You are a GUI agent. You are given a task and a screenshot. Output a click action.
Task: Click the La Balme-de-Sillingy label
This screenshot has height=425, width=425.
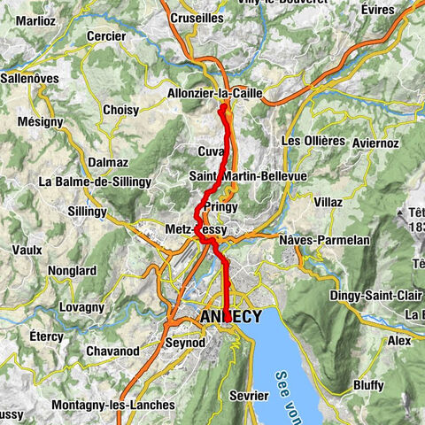(96, 182)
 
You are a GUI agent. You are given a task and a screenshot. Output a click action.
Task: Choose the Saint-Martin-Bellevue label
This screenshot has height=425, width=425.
(248, 177)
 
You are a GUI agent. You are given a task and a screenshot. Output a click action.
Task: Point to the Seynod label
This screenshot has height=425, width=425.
(185, 341)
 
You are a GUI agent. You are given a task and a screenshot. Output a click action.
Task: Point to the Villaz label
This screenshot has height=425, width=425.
(328, 202)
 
